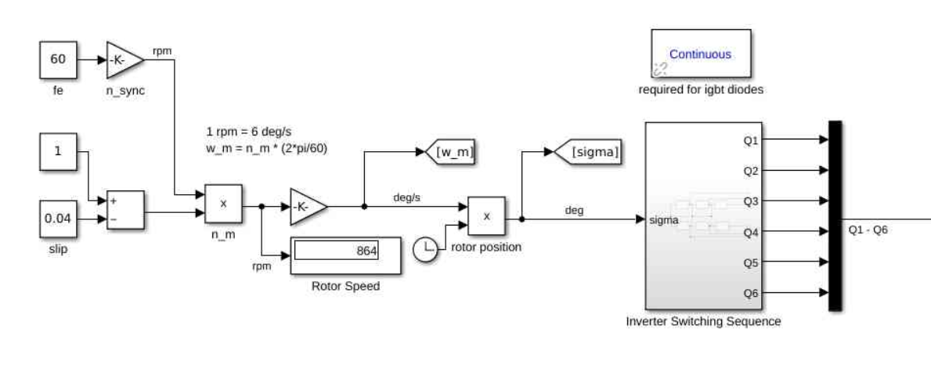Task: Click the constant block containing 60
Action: (57, 59)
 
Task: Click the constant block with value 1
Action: (57, 152)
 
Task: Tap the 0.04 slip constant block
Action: (57, 218)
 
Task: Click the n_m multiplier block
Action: (223, 204)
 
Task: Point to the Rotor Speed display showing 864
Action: (346, 253)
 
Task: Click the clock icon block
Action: (428, 249)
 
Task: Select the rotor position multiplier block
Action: (486, 216)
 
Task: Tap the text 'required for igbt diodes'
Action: (700, 89)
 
